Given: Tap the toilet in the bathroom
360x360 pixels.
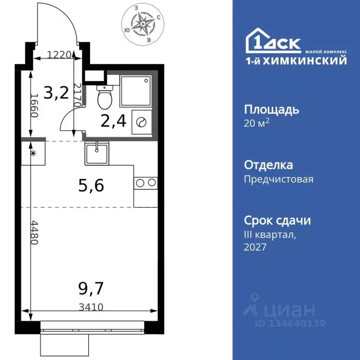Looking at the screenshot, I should coord(103,97).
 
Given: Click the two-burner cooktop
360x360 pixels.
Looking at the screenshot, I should coord(145,183).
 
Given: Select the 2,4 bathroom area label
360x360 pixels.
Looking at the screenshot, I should coord(113,121).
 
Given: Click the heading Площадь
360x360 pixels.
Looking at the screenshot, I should coord(271,110).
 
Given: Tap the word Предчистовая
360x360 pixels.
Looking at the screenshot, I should coord(278,179).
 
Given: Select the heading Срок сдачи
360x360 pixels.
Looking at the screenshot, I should coord(277,220).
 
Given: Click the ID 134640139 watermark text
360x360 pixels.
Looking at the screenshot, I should coord(290,323).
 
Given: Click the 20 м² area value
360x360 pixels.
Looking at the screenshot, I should coord(257,124).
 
